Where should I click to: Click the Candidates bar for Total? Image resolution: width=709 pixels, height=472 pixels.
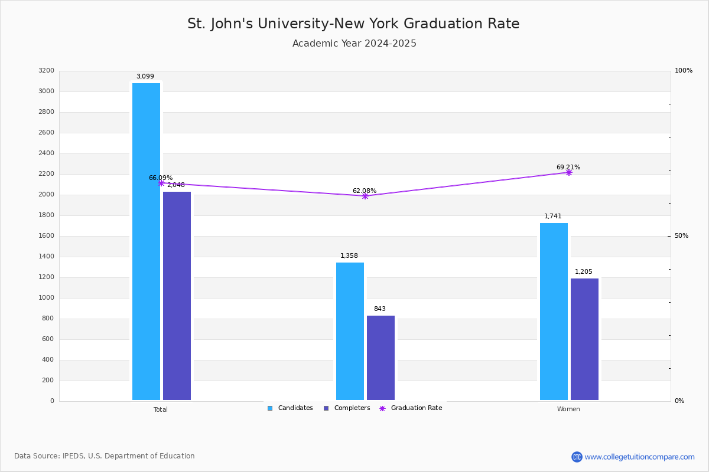(146, 241)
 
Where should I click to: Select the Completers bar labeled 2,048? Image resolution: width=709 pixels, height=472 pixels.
(177, 296)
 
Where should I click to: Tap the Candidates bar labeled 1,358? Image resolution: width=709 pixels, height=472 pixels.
(350, 332)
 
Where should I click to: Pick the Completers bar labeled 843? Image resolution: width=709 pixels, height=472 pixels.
(380, 358)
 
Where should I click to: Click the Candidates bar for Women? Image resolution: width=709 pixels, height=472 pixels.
(554, 312)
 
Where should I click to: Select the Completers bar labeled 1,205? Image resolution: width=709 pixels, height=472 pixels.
(584, 339)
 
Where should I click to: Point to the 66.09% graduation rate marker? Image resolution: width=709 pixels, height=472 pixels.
(161, 183)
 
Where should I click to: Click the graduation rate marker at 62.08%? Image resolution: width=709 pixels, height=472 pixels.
(365, 196)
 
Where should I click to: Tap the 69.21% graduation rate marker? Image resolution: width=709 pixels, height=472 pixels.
(569, 173)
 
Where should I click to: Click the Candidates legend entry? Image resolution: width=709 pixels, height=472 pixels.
(290, 408)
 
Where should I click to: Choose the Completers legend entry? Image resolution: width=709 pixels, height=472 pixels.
(347, 408)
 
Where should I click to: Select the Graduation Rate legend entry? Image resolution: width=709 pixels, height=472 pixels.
(411, 408)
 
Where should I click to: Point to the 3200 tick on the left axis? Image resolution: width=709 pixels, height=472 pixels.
(47, 70)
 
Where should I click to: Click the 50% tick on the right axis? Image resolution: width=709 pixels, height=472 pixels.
(681, 236)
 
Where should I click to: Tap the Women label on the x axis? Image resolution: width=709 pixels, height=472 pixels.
(568, 409)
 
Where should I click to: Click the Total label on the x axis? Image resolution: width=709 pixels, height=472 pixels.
(161, 409)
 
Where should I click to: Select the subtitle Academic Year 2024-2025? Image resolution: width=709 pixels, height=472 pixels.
(354, 43)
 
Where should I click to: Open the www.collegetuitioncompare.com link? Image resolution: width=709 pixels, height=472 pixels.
(639, 457)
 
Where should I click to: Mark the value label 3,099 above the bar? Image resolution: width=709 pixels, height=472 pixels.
(145, 76)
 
